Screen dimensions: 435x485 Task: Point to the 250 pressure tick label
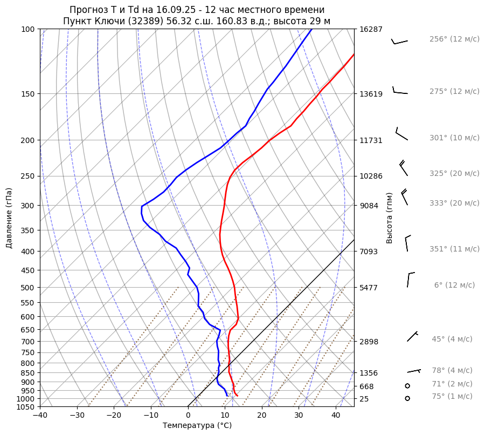tap(28, 176)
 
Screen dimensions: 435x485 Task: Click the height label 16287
tap(371, 29)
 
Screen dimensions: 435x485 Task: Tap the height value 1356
tap(369, 373)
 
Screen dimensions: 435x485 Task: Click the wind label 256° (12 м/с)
tap(454, 39)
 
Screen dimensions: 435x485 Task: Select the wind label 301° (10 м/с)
tap(454, 138)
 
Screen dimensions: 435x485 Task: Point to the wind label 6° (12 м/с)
tap(454, 286)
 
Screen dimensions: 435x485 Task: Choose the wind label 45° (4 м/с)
tap(452, 339)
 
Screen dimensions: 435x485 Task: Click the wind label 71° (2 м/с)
tap(452, 384)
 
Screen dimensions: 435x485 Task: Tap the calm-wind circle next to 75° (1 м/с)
tap(407, 398)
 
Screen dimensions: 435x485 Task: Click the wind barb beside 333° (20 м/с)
tap(405, 197)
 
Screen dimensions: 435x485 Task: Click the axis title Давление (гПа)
tap(9, 218)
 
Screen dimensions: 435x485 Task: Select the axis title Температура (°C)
tap(197, 426)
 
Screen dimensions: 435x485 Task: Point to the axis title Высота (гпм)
tap(390, 218)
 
